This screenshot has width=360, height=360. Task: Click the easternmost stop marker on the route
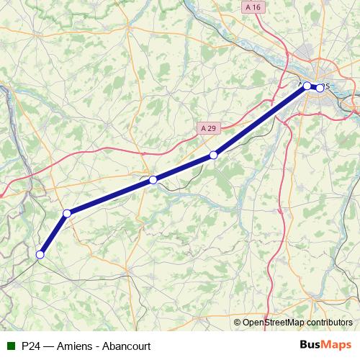click(x=320, y=89)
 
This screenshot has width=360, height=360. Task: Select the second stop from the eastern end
click(x=307, y=86)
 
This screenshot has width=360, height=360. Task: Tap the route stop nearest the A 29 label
click(x=213, y=155)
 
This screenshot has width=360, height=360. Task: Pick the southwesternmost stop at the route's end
click(x=40, y=254)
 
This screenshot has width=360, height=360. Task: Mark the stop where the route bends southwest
click(x=67, y=213)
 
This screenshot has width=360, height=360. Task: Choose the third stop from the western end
click(x=153, y=179)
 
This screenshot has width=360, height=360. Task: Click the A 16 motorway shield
click(x=251, y=6)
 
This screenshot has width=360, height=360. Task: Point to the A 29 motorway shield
click(x=208, y=127)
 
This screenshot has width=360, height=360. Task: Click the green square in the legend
click(x=9, y=346)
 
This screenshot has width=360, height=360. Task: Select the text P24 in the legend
click(x=31, y=346)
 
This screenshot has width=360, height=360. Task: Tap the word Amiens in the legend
click(x=76, y=346)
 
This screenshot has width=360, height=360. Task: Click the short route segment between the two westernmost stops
click(x=54, y=233)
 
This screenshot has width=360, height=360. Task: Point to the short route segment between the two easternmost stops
click(x=314, y=87)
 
